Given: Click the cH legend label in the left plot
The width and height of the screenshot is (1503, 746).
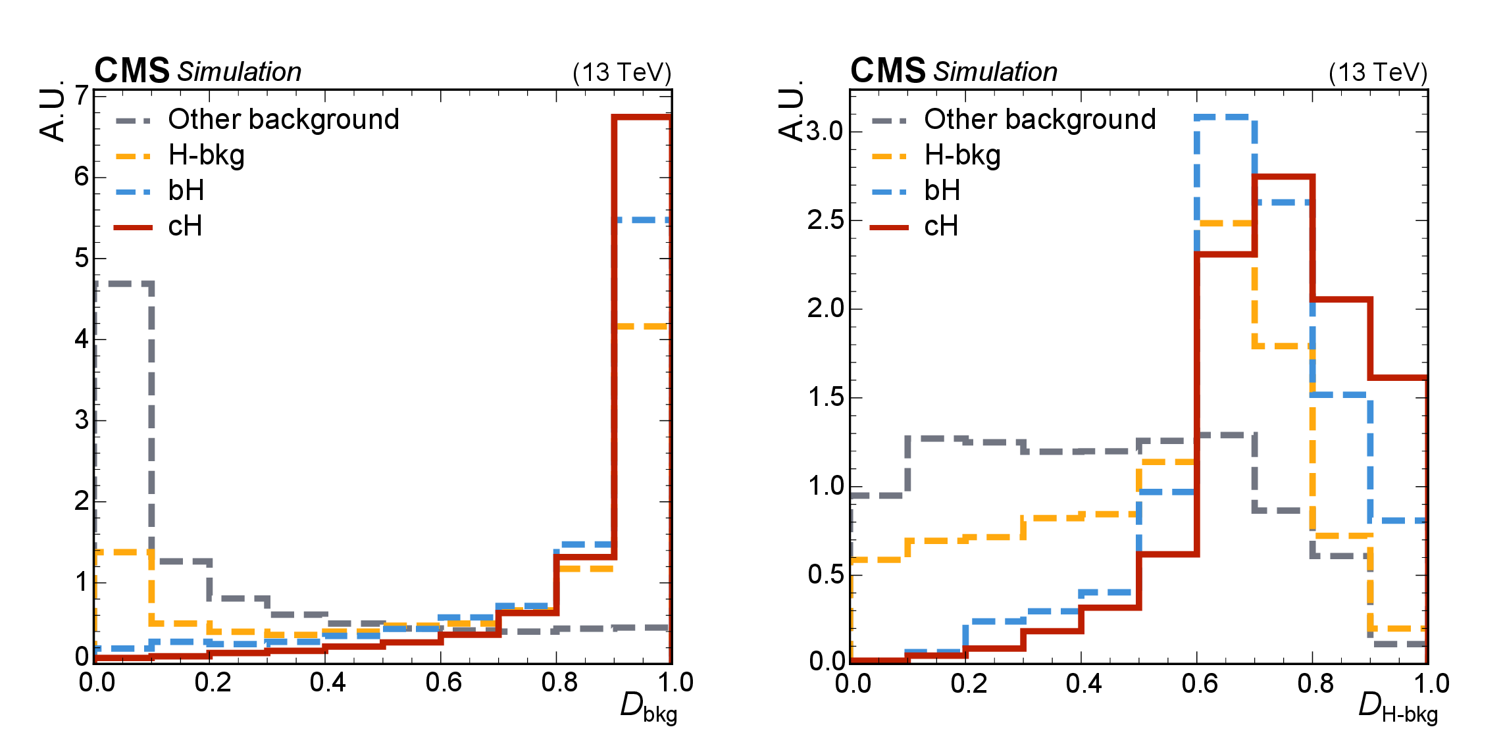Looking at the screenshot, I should pyautogui.click(x=185, y=226).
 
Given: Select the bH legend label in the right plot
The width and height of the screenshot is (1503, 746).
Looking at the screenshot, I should pyautogui.click(x=942, y=191).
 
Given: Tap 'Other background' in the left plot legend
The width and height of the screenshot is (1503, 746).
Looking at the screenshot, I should pyautogui.click(x=284, y=119).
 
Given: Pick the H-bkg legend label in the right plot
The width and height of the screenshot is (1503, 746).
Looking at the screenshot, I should pyautogui.click(x=962, y=155).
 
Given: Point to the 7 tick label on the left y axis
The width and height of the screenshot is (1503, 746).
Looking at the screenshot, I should pyautogui.click(x=82, y=96).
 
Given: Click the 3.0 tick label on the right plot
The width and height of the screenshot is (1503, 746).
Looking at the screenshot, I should pyautogui.click(x=825, y=132).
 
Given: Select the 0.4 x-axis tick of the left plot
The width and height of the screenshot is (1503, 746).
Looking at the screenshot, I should pyautogui.click(x=328, y=683).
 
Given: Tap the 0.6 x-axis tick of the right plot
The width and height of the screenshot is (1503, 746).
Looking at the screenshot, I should pyautogui.click(x=1199, y=684).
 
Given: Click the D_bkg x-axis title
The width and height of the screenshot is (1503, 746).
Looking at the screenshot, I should pyautogui.click(x=648, y=708).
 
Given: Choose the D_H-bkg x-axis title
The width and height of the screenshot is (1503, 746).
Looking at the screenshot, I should pyautogui.click(x=1398, y=708).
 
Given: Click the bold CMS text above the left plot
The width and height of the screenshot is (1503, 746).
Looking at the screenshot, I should pyautogui.click(x=132, y=70).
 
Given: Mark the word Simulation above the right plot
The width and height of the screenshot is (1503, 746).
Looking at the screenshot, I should pyautogui.click(x=995, y=72).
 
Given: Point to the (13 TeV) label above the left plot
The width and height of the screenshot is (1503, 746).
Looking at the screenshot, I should pyautogui.click(x=622, y=72).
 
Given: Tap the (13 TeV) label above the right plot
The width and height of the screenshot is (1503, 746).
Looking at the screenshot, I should pyautogui.click(x=1378, y=72).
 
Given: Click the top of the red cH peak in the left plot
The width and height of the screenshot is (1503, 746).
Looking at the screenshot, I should pyautogui.click(x=642, y=117).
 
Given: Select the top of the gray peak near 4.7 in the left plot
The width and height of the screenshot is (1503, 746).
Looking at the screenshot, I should pyautogui.click(x=124, y=284).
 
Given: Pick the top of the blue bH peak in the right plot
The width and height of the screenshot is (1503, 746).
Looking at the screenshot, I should pyautogui.click(x=1225, y=117).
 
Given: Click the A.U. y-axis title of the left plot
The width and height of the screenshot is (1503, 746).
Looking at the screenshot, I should pyautogui.click(x=53, y=111).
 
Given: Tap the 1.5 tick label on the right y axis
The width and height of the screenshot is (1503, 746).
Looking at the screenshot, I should pyautogui.click(x=825, y=397).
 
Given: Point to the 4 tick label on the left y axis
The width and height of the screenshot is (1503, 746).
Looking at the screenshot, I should pyautogui.click(x=82, y=339).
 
